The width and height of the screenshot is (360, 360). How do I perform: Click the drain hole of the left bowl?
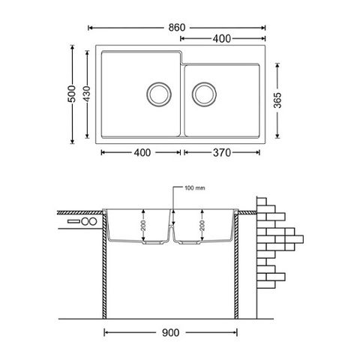157,94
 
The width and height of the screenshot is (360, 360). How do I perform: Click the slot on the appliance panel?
73,222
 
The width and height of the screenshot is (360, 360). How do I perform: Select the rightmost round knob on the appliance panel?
93,222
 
